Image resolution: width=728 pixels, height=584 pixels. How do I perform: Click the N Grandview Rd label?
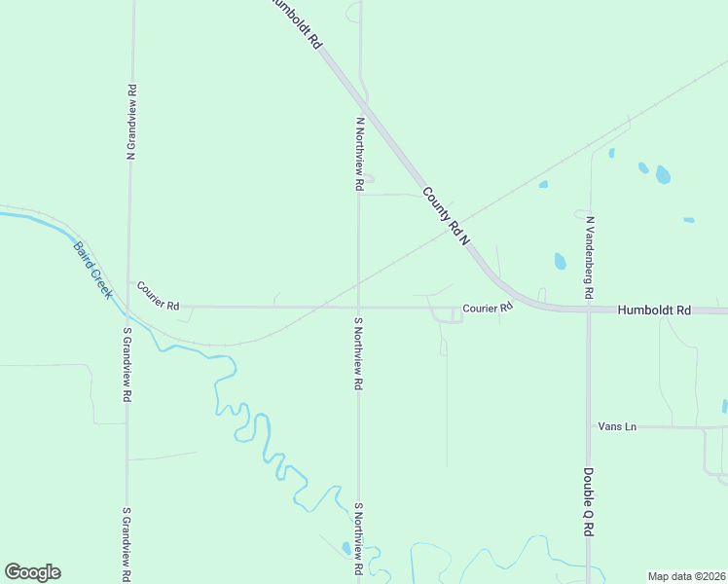tap(130, 121)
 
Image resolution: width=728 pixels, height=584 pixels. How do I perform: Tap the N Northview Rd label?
tap(359, 154)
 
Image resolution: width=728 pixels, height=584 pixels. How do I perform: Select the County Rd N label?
tap(447, 215)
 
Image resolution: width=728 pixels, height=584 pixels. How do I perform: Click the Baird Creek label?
tap(93, 270)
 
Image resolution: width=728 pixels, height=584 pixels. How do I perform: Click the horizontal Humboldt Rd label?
tap(654, 310)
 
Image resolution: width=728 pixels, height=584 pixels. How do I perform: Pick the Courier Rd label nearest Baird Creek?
tap(158, 296)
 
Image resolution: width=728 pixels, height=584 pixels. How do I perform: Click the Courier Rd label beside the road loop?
tap(487, 308)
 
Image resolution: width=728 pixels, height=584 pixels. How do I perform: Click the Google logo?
tap(32, 571)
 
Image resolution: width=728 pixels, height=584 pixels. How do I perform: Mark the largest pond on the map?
tap(663, 174)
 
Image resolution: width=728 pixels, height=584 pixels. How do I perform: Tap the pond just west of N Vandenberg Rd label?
tap(560, 261)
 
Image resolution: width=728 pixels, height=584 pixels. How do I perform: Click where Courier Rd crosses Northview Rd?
tap(358, 307)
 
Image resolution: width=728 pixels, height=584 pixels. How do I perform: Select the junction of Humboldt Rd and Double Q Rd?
tap(589, 311)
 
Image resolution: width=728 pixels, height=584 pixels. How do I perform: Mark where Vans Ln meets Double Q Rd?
tap(589, 426)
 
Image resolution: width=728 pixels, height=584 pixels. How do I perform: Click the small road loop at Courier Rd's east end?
tap(452, 313)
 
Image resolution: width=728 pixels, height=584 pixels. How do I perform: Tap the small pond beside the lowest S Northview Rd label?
tap(346, 548)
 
